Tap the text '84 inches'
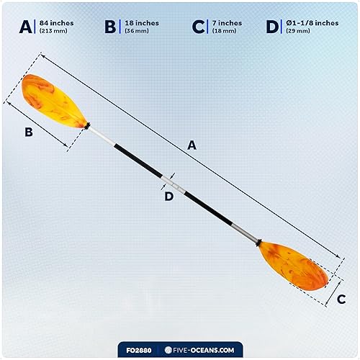pos(55,23)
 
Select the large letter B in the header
pos(110,27)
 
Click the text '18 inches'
pos(142,23)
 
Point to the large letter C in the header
pos(198,27)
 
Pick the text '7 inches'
pos(227,23)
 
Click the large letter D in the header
pos(272,27)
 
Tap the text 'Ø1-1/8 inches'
pos(312,23)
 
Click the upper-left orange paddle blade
pos(54,101)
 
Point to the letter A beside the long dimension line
pos(192,145)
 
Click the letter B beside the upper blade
pos(28,132)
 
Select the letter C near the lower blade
pos(341,297)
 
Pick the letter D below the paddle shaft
pos(169,196)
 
